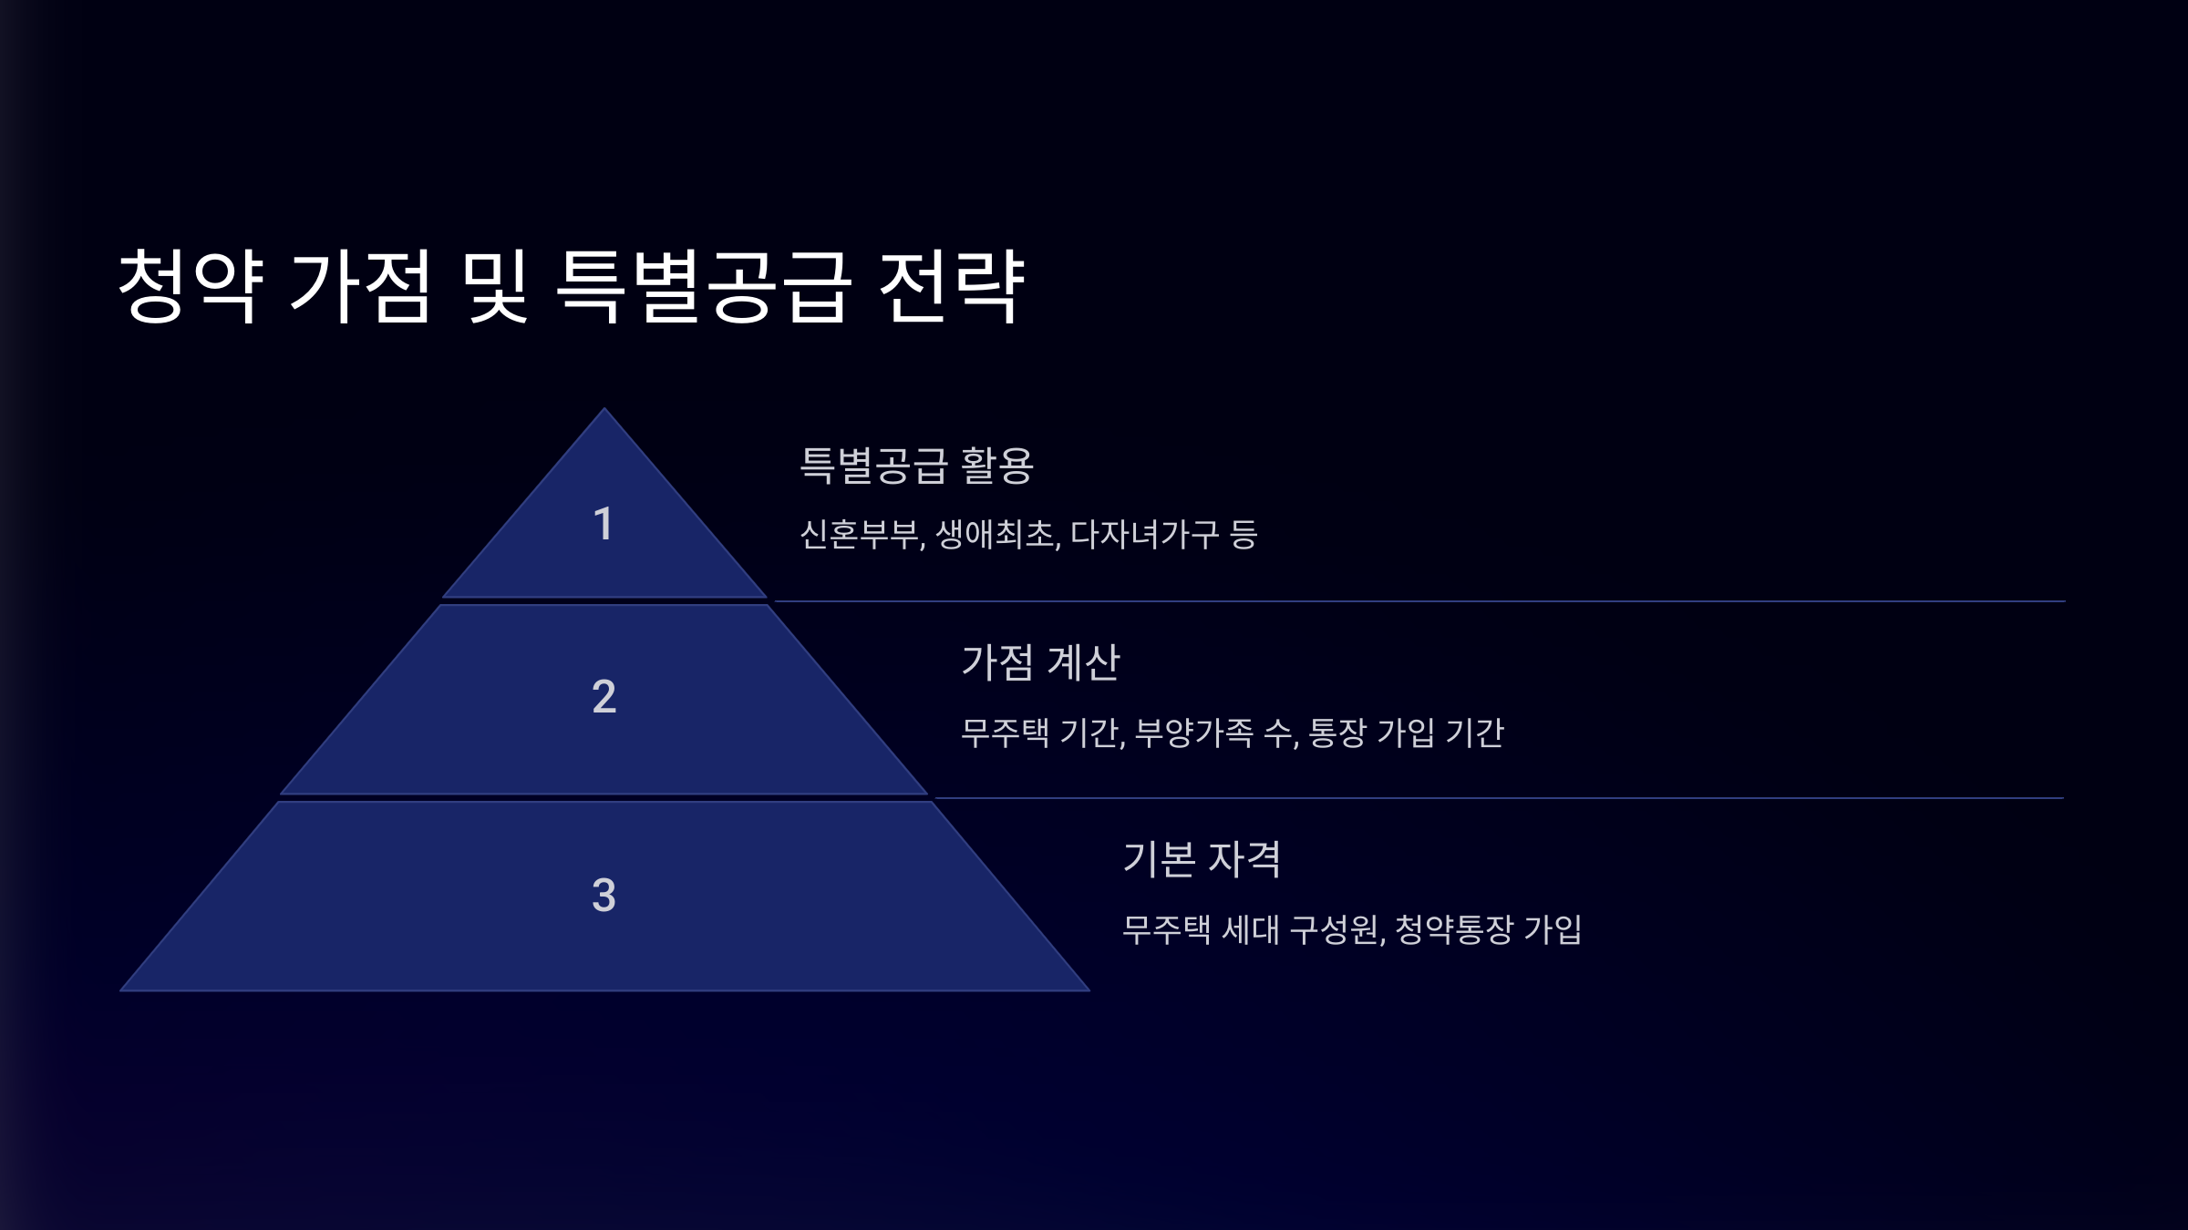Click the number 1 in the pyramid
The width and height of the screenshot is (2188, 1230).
(x=603, y=524)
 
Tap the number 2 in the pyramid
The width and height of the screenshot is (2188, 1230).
(x=604, y=697)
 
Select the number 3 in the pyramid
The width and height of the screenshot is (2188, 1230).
(x=604, y=895)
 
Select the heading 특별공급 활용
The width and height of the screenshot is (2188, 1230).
(x=916, y=466)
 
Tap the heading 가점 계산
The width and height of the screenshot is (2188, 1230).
(x=1040, y=662)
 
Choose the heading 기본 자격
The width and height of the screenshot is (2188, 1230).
(x=1202, y=859)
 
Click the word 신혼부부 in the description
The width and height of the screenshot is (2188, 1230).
(x=860, y=535)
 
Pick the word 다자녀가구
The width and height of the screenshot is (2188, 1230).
(x=1144, y=535)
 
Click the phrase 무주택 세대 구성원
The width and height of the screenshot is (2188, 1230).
(x=1250, y=929)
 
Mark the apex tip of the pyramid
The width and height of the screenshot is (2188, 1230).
(x=604, y=410)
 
